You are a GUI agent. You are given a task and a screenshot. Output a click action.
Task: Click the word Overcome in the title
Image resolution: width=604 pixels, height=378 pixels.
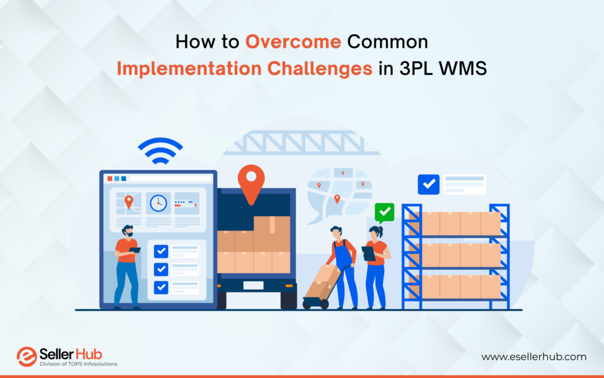coord(293,41)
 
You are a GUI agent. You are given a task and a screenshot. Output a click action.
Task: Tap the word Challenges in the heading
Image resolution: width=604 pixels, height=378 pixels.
coord(320,69)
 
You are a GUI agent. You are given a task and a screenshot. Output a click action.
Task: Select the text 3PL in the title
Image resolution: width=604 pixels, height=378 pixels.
coord(417,68)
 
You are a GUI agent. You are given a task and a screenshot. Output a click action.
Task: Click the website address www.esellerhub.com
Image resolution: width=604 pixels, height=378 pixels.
coord(534,357)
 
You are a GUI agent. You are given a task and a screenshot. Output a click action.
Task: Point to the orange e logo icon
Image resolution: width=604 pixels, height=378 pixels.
coord(27,356)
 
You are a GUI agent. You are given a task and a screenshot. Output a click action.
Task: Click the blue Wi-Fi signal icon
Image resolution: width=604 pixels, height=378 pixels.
coord(160,150)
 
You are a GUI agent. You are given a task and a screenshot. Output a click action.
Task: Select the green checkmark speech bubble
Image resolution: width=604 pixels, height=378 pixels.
coord(385,213)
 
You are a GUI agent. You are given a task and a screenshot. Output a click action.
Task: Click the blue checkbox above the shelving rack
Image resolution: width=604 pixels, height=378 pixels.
coord(428,185)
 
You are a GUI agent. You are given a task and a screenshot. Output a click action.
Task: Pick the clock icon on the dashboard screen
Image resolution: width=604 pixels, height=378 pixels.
coord(158,203)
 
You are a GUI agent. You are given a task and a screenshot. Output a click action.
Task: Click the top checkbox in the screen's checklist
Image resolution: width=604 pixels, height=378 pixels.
coord(161,251)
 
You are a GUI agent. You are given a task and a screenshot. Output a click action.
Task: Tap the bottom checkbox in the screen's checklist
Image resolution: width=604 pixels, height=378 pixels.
coord(161,287)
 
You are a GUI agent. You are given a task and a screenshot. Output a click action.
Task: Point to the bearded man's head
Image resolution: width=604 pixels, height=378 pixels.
coord(127,231)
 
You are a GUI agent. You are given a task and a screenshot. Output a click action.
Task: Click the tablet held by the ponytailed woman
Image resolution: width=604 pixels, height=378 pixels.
coord(368,254)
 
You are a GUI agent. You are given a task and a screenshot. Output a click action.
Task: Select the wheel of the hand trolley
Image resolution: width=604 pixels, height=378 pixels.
coord(324,304)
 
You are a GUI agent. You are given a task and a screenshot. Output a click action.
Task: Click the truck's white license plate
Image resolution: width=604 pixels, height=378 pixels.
coord(254,285)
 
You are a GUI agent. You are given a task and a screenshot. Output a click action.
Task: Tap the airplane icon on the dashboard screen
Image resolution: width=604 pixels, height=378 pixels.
coord(186,203)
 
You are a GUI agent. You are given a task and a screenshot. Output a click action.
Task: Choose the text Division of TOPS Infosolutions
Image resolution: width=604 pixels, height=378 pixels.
coord(78,364)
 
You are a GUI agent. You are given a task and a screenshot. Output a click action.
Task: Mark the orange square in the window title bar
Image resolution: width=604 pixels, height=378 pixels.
coord(110,179)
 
